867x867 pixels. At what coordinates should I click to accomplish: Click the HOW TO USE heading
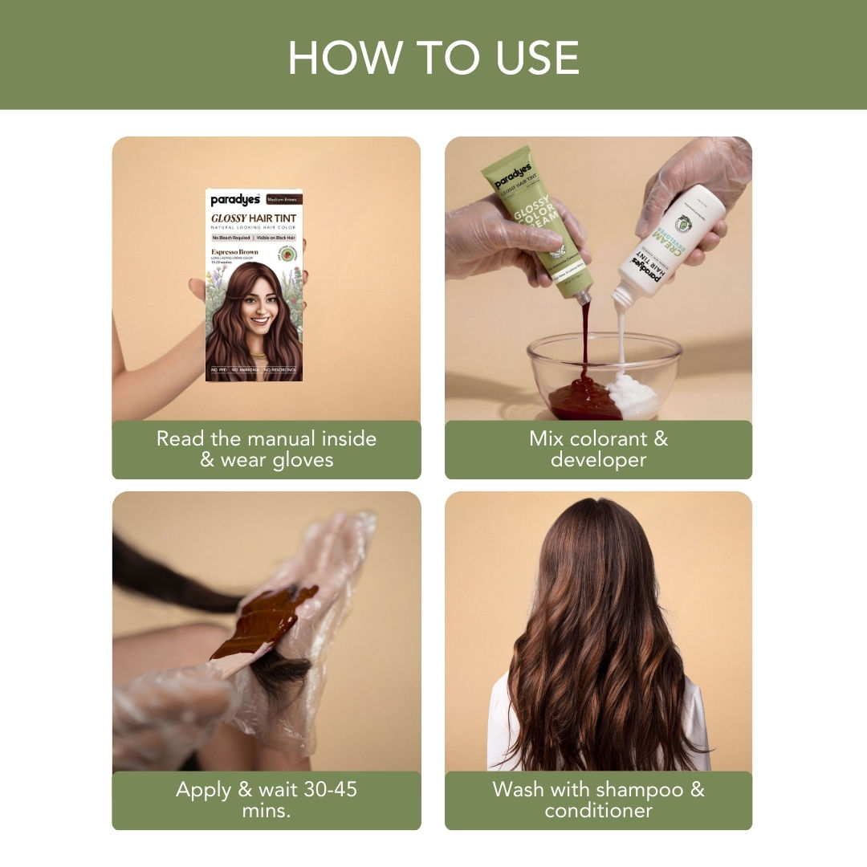click(433, 58)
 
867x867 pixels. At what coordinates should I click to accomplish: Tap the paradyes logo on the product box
click(234, 200)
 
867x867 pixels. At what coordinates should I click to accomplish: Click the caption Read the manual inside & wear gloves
click(266, 450)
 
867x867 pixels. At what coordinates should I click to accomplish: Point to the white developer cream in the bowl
click(634, 395)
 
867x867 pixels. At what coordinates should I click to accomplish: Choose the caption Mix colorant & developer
click(598, 450)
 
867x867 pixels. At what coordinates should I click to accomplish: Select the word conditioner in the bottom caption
click(598, 810)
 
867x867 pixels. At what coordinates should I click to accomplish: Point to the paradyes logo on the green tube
click(510, 177)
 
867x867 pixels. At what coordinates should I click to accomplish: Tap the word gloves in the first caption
click(299, 460)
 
